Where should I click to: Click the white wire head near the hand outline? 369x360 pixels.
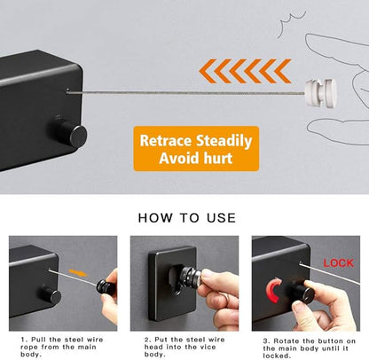[321, 93]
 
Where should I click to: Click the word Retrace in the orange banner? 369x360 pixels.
[167, 140]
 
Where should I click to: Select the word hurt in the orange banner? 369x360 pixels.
[217, 158]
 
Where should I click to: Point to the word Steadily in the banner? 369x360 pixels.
[224, 141]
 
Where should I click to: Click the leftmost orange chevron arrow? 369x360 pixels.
[207, 71]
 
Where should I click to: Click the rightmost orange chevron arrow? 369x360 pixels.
[282, 71]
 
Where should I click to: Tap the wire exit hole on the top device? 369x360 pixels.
[67, 90]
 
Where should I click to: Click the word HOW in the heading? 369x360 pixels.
[155, 218]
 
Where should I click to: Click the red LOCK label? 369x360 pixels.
[339, 262]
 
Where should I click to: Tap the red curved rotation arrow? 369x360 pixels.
[272, 290]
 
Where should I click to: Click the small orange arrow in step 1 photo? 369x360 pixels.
[78, 272]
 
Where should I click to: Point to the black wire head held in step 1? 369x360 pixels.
[106, 287]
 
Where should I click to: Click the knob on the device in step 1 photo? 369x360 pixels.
[51, 294]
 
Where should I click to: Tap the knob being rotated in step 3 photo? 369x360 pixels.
[303, 292]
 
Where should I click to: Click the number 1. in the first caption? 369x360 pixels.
[25, 340]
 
